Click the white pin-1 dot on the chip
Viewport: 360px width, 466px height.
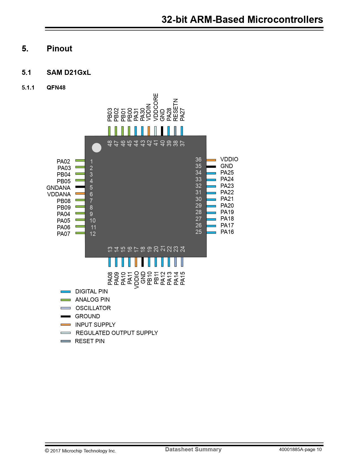97,147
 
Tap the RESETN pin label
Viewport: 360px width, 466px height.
176,110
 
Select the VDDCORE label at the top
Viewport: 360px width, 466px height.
156,107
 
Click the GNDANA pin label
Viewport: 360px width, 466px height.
58,188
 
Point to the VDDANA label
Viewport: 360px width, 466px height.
59,194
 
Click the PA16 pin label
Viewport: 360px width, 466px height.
227,232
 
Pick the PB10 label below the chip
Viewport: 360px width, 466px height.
150,278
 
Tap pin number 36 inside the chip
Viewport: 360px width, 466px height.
198,160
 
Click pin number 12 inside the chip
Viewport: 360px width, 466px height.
93,234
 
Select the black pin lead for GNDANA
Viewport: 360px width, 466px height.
80,187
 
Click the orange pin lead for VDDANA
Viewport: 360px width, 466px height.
80,193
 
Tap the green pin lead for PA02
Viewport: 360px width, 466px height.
80,160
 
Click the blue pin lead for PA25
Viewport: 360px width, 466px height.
211,173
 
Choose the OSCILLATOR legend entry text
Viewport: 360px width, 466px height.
93,308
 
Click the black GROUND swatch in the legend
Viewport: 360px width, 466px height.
66,316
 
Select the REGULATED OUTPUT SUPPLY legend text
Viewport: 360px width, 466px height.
117,333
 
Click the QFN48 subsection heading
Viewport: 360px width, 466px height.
56,88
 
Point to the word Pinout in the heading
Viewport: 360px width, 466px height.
59,49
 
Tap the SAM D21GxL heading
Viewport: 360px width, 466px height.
69,73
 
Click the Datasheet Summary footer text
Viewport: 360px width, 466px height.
193,449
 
